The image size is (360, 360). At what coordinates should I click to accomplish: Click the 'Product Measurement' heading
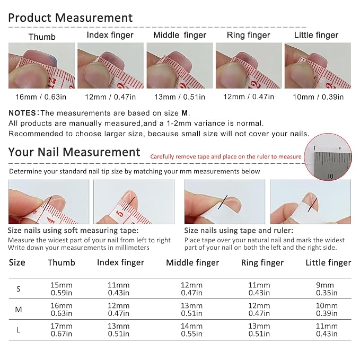coord(71,18)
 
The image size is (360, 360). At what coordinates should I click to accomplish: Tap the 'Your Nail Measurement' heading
coord(74,152)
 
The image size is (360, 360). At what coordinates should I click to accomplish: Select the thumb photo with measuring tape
coord(41,65)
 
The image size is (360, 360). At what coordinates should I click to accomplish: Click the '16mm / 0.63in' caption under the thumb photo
coord(41,97)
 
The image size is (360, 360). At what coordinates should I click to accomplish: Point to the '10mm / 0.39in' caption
coord(318,97)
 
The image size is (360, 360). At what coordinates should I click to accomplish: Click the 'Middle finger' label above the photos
coord(180,35)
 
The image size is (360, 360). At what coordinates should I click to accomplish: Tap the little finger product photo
coord(318,65)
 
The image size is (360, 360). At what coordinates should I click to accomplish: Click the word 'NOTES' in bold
coord(22,113)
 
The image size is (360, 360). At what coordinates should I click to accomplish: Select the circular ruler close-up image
coord(328,157)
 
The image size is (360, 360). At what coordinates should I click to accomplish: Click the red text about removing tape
coord(226,156)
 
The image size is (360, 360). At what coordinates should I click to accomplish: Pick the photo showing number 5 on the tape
coord(134,202)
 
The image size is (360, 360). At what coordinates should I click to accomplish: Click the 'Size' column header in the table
coord(17,262)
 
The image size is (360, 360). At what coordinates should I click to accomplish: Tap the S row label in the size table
coord(19,289)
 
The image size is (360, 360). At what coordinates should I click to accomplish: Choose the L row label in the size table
coord(18,330)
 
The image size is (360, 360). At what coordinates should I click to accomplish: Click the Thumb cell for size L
coord(62,330)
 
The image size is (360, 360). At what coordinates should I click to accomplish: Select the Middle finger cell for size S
coord(191,289)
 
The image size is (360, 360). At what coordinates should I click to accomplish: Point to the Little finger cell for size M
coord(327,309)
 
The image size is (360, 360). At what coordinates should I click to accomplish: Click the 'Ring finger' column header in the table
coord(262,262)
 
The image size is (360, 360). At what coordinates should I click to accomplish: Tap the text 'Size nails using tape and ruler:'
coord(239,231)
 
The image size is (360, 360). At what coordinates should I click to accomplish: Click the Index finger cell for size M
coord(118,309)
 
